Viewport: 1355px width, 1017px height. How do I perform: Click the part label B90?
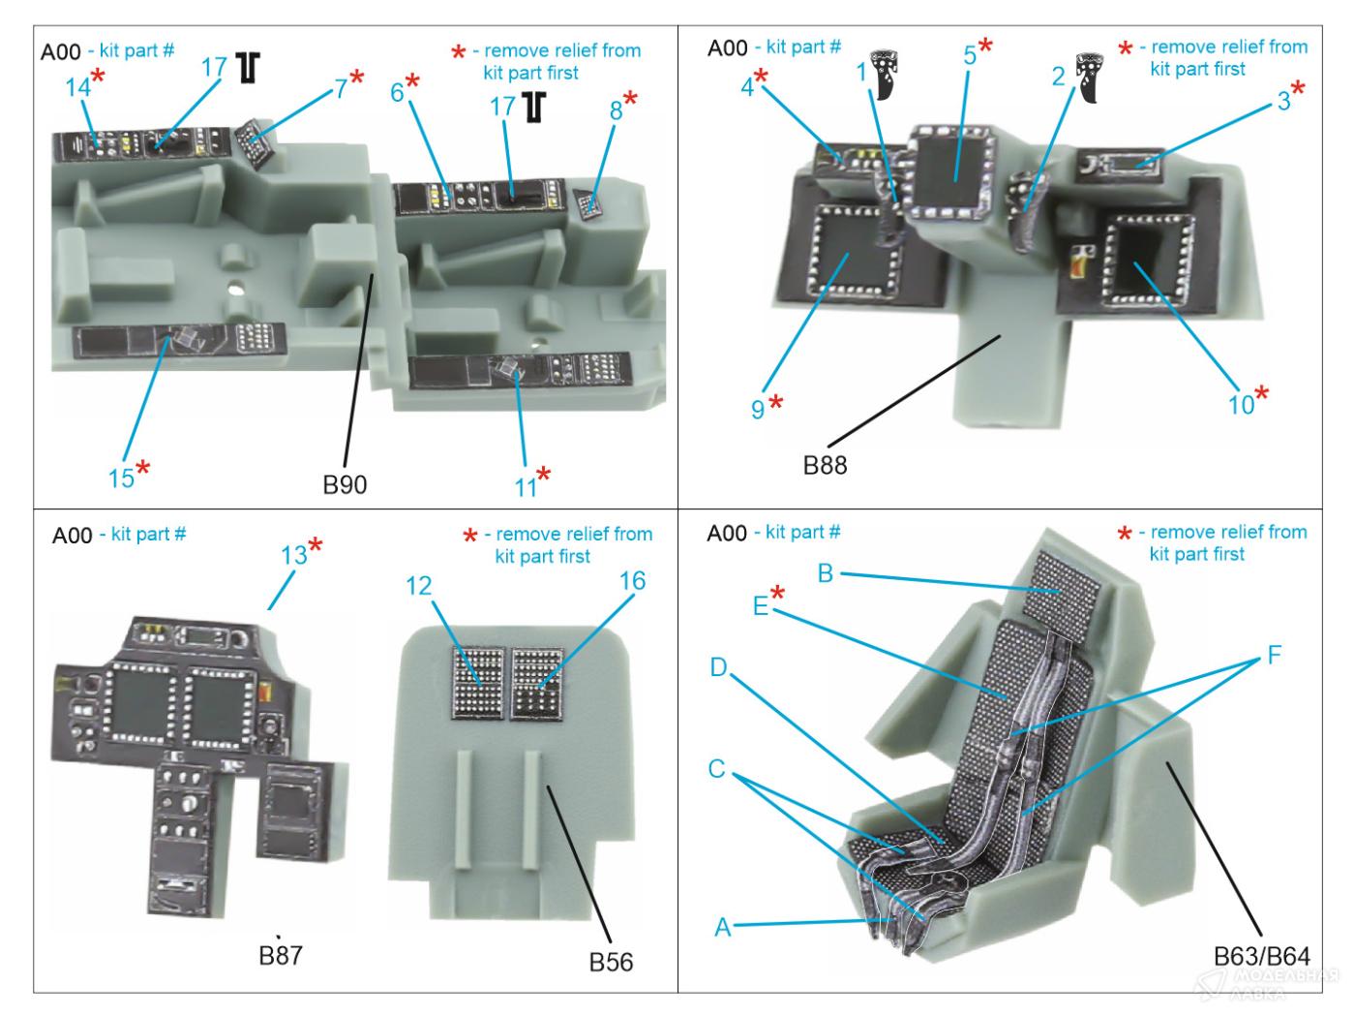tap(345, 483)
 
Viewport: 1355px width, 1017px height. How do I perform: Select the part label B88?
tap(825, 465)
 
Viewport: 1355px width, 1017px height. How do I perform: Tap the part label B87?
tap(281, 955)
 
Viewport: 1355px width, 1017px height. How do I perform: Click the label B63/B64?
tap(1261, 957)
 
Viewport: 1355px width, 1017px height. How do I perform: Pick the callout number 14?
tap(78, 87)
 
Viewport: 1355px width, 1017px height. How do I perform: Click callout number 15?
tap(121, 477)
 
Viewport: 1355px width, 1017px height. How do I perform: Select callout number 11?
tap(525, 486)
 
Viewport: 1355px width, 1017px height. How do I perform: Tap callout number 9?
tap(758, 410)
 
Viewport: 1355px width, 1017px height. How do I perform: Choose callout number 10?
tap(1241, 405)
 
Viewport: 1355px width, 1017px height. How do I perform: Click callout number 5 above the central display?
tap(970, 54)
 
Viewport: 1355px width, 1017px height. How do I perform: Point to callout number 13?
tap(294, 554)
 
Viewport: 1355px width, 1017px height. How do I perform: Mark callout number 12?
tap(419, 586)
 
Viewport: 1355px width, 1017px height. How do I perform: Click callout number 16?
tap(632, 581)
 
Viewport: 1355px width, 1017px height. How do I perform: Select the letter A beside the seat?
tap(722, 927)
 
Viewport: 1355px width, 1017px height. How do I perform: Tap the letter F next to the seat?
tap(1273, 656)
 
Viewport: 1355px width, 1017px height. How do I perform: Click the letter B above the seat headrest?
tap(825, 572)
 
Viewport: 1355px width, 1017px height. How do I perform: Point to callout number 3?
tap(1283, 100)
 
